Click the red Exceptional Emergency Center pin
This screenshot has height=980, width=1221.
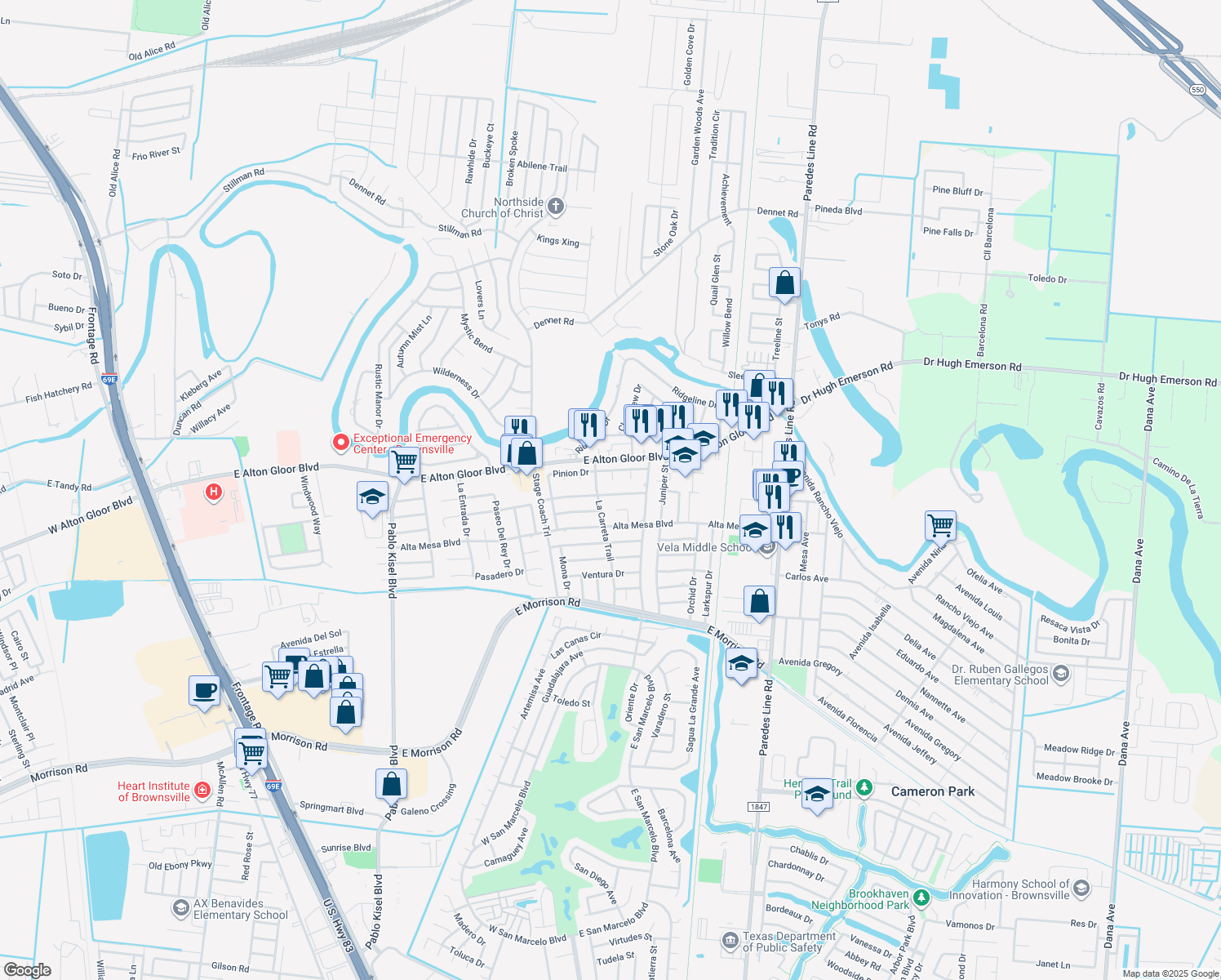341,443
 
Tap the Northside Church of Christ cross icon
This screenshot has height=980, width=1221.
556,206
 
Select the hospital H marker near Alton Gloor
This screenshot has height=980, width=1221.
214,492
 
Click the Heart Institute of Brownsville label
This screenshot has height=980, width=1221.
154,791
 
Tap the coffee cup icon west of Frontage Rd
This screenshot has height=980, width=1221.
204,691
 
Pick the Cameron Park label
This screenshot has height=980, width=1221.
933,791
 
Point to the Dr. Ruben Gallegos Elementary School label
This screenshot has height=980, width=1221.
1001,675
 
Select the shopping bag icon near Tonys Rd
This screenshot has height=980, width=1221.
784,283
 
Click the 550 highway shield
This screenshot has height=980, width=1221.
1197,90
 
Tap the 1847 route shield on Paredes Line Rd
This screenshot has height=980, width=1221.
758,807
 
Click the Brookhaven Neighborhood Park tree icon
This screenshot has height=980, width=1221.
921,898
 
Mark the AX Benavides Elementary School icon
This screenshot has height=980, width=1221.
181,908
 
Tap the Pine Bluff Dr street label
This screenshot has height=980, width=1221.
957,191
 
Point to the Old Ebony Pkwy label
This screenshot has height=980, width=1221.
180,866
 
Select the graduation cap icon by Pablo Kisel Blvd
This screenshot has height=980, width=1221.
372,497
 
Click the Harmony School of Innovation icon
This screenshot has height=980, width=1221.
1081,889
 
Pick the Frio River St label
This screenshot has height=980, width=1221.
156,154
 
